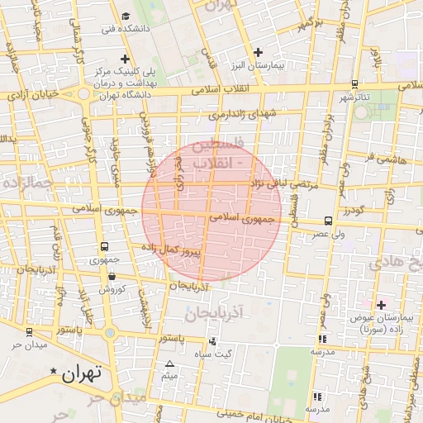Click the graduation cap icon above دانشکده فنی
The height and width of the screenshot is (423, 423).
click(126, 16)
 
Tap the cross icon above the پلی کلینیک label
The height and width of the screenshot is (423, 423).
click(125, 59)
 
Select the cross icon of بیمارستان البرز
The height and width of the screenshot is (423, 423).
click(259, 52)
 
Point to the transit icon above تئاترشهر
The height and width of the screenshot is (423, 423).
click(354, 83)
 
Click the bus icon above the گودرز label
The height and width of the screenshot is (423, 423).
click(329, 221)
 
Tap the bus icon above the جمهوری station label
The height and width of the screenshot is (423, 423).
click(105, 246)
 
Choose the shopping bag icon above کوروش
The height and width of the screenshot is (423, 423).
click(113, 278)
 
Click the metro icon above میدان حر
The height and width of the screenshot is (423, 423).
click(29, 331)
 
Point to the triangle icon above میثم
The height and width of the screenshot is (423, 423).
click(170, 364)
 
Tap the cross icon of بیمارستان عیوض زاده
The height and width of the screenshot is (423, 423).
click(381, 306)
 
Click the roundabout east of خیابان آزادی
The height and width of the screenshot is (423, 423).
click(85, 93)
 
